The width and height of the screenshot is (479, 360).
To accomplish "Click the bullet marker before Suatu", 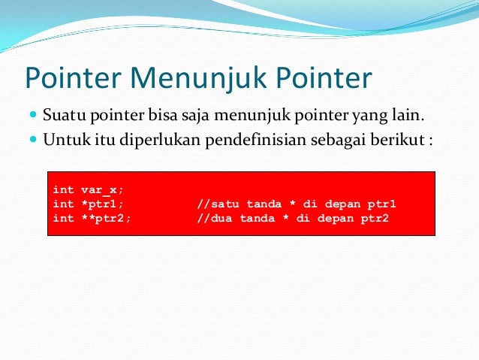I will (x=33, y=116).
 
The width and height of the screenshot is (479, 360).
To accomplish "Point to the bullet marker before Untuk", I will (x=33, y=139).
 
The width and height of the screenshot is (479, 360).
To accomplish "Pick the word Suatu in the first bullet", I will (x=60, y=116).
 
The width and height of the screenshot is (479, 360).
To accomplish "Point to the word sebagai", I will (x=332, y=139).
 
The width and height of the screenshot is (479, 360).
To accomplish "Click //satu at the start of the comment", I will (x=215, y=204).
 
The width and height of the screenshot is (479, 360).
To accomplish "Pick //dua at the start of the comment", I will (x=211, y=218).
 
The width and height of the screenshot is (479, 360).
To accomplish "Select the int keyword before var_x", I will (x=63, y=190).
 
